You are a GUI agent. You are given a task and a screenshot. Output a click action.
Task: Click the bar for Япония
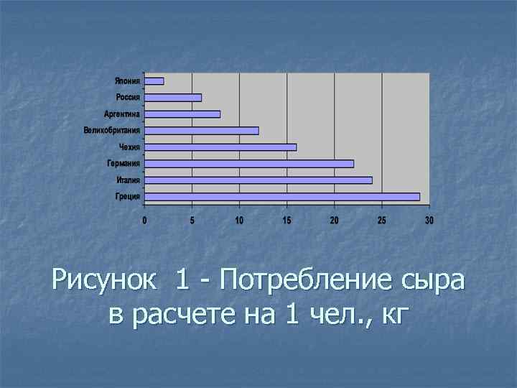tap(154, 81)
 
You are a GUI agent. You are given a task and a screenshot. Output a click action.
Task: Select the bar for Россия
tap(173, 98)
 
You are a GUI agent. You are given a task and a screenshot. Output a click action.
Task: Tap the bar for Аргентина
tap(182, 114)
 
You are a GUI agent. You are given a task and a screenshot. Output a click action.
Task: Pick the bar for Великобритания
tap(202, 131)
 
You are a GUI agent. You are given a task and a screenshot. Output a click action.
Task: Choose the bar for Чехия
tap(220, 147)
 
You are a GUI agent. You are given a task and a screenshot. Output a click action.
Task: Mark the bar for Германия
tap(249, 164)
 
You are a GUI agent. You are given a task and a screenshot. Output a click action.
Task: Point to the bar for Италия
tap(258, 180)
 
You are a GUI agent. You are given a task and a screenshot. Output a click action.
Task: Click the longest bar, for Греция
tap(282, 197)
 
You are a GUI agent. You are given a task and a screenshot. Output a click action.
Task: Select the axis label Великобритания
tap(111, 131)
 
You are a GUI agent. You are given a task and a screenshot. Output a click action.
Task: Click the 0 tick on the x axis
tap(144, 221)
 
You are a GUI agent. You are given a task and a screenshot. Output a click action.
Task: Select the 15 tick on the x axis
tap(287, 221)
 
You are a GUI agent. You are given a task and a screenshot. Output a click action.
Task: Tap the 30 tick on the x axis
tap(429, 221)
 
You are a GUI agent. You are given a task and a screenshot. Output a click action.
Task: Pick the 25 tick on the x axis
tap(382, 221)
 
